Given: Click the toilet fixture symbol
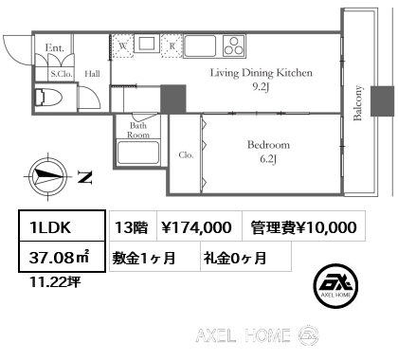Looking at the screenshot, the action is pyautogui.click(x=47, y=98).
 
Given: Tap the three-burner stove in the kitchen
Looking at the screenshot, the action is pyautogui.click(x=234, y=45).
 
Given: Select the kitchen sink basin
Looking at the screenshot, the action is pyautogui.click(x=200, y=46).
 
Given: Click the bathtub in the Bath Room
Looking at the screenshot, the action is pyautogui.click(x=138, y=153).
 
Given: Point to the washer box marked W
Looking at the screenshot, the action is pyautogui.click(x=123, y=46).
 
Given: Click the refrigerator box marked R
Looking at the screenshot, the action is pyautogui.click(x=172, y=46).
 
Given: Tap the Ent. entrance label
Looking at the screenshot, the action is pyautogui.click(x=55, y=48).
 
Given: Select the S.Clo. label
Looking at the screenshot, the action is pyautogui.click(x=62, y=74).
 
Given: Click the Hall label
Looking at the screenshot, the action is pyautogui.click(x=92, y=74).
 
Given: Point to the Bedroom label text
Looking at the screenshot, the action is pyautogui.click(x=268, y=145).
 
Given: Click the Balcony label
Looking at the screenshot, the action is pyautogui.click(x=357, y=103).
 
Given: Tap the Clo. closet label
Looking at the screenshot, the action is pyautogui.click(x=186, y=154).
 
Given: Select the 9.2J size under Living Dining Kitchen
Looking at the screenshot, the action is pyautogui.click(x=261, y=87).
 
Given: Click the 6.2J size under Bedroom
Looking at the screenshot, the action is pyautogui.click(x=268, y=159).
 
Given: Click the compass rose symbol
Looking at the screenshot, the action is pyautogui.click(x=48, y=176).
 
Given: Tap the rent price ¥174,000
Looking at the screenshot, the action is pyautogui.click(x=196, y=227).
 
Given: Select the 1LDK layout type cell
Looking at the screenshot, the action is pyautogui.click(x=62, y=226).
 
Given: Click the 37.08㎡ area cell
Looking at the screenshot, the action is pyautogui.click(x=62, y=257).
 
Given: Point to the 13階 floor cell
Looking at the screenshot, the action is pyautogui.click(x=133, y=226).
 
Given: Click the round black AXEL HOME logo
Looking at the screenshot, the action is pyautogui.click(x=335, y=285).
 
